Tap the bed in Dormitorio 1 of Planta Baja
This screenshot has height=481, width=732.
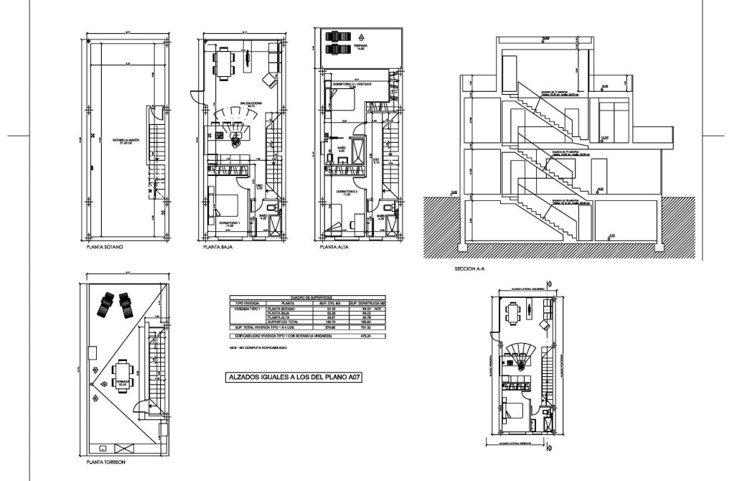(225, 204)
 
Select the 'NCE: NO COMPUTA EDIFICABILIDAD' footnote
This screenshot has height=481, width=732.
(258, 348)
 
